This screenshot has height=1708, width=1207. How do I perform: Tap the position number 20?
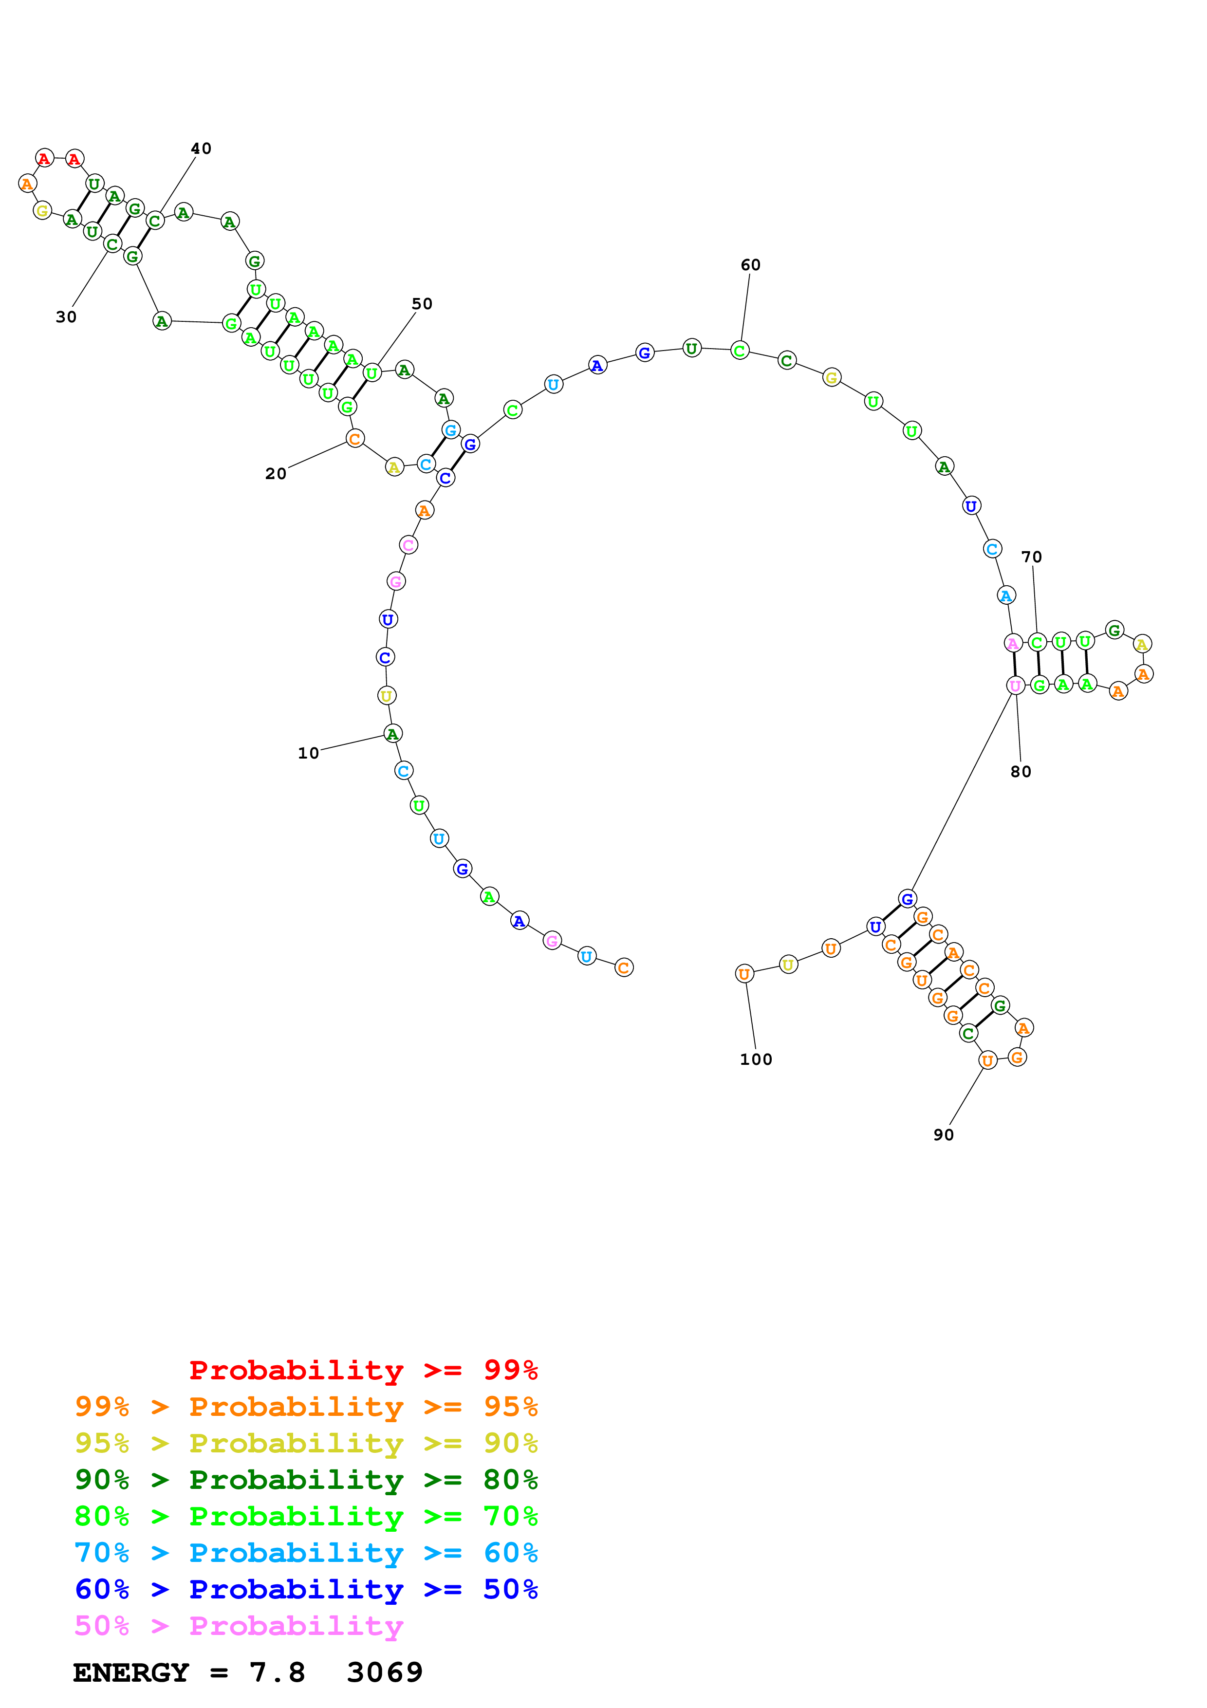[x=275, y=473]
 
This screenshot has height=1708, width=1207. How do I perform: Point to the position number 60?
[x=750, y=265]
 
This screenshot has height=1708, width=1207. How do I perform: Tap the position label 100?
[x=756, y=1059]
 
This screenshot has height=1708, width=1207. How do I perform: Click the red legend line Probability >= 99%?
[x=364, y=1370]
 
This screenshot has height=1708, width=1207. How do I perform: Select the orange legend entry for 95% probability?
[x=306, y=1407]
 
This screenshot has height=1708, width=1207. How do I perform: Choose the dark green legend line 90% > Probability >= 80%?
[x=306, y=1480]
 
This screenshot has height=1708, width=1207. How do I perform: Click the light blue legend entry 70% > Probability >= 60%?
[x=306, y=1553]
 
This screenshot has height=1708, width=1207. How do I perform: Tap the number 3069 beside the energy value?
[x=385, y=1672]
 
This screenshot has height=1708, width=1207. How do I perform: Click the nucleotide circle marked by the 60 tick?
[x=739, y=351]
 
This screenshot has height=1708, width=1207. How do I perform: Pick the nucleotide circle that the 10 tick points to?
[x=392, y=734]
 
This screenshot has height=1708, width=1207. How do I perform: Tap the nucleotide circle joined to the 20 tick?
[x=355, y=439]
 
